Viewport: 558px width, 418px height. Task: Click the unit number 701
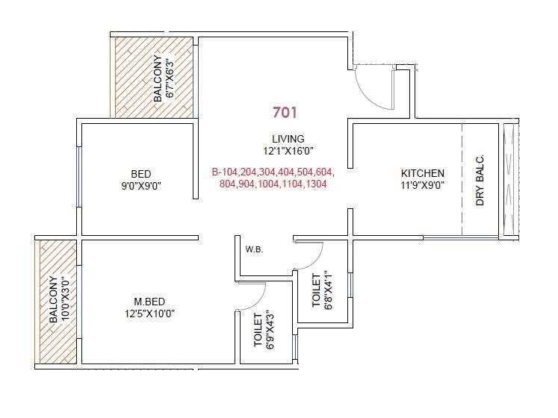click(285, 113)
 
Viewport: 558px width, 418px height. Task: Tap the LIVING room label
click(288, 139)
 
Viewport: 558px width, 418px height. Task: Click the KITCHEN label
click(422, 173)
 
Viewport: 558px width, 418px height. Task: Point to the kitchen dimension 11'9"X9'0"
click(422, 186)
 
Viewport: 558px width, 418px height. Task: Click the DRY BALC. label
click(480, 181)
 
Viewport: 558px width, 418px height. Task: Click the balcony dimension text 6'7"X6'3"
click(169, 78)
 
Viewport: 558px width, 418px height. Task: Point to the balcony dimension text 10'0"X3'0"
click(63, 299)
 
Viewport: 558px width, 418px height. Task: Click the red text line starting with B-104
click(273, 171)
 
